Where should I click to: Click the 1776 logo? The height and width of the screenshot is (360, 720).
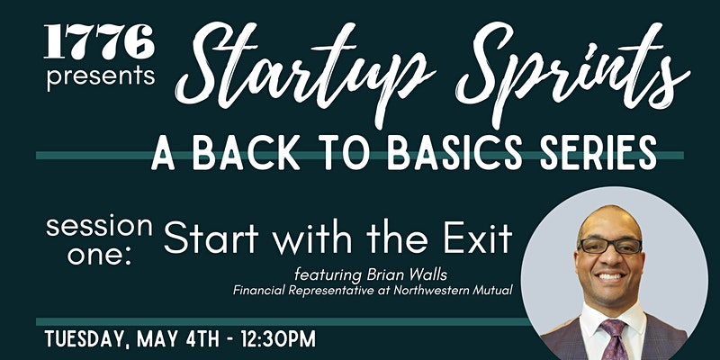tap(99, 41)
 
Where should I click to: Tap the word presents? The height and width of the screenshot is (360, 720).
tap(101, 76)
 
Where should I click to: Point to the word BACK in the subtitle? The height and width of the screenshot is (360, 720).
tap(243, 152)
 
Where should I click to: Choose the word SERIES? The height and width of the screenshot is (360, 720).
tap(598, 152)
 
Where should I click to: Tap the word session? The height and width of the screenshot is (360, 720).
tap(99, 227)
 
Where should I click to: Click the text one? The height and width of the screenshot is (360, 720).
tap(100, 256)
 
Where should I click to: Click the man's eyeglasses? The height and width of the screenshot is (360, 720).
tap(610, 247)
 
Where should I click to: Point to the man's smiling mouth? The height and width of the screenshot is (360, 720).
tap(611, 276)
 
